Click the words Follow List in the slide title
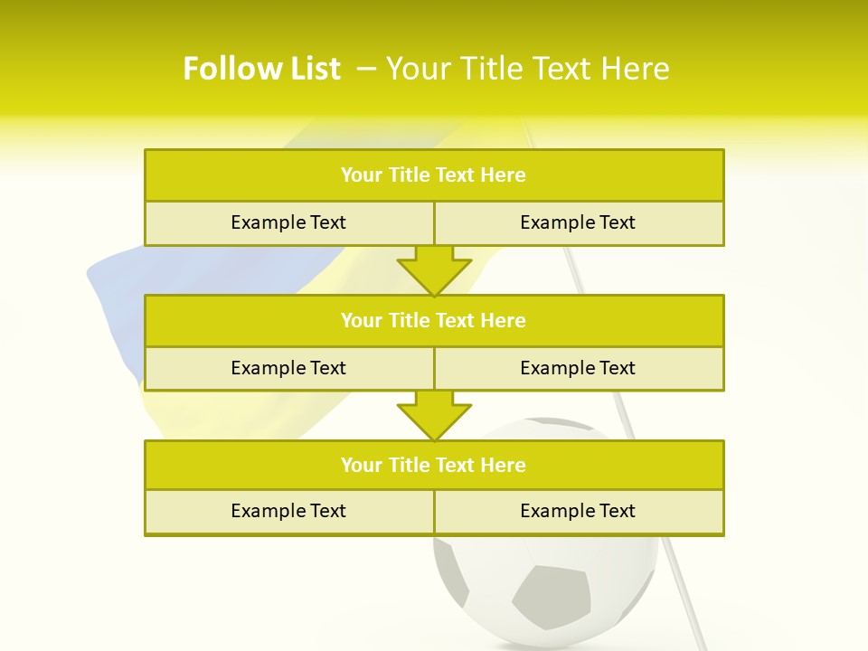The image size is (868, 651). pyautogui.click(x=261, y=69)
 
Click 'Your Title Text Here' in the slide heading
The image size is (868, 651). pyautogui.click(x=527, y=69)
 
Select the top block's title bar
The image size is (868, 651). pyautogui.click(x=434, y=175)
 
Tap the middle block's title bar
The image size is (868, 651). pyautogui.click(x=434, y=320)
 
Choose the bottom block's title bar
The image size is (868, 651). pyautogui.click(x=434, y=465)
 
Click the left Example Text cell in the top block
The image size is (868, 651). pyautogui.click(x=288, y=222)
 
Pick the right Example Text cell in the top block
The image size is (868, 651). pyautogui.click(x=578, y=222)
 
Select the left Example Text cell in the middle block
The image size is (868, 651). pyautogui.click(x=288, y=368)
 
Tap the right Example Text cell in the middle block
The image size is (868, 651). pyautogui.click(x=578, y=368)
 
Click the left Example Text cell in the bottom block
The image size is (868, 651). pyautogui.click(x=288, y=511)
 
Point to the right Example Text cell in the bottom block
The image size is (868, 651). pyautogui.click(x=578, y=511)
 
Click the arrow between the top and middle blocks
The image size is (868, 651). pyautogui.click(x=434, y=270)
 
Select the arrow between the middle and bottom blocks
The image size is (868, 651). pyautogui.click(x=434, y=415)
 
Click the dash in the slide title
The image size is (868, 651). pyautogui.click(x=367, y=69)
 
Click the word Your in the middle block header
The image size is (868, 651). pyautogui.click(x=361, y=320)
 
